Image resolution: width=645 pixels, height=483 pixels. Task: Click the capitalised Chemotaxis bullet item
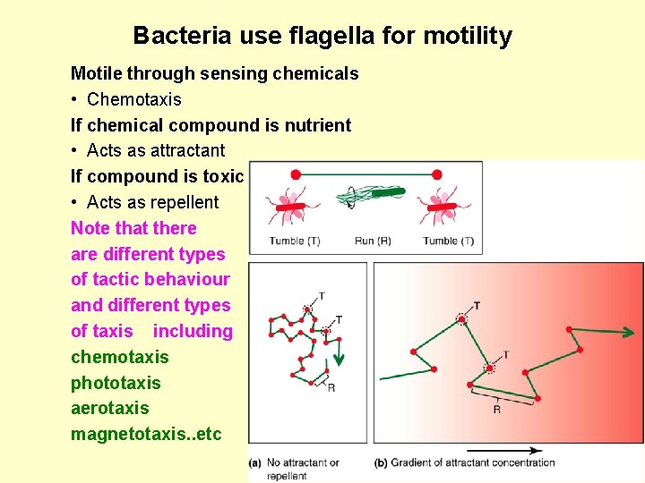pyautogui.click(x=133, y=99)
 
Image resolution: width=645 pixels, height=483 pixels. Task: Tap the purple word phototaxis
pyautogui.click(x=116, y=383)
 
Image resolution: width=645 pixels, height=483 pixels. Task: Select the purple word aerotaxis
pyautogui.click(x=110, y=408)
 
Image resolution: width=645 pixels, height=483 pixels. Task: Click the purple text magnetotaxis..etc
pyautogui.click(x=145, y=435)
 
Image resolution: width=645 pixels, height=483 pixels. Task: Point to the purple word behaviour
pyautogui.click(x=193, y=279)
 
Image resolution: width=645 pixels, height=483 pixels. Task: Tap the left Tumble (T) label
pyautogui.click(x=295, y=241)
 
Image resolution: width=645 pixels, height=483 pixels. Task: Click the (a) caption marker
pyautogui.click(x=255, y=463)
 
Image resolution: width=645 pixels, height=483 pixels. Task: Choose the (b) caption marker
pyautogui.click(x=380, y=463)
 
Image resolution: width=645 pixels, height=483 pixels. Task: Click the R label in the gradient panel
pyautogui.click(x=496, y=409)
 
